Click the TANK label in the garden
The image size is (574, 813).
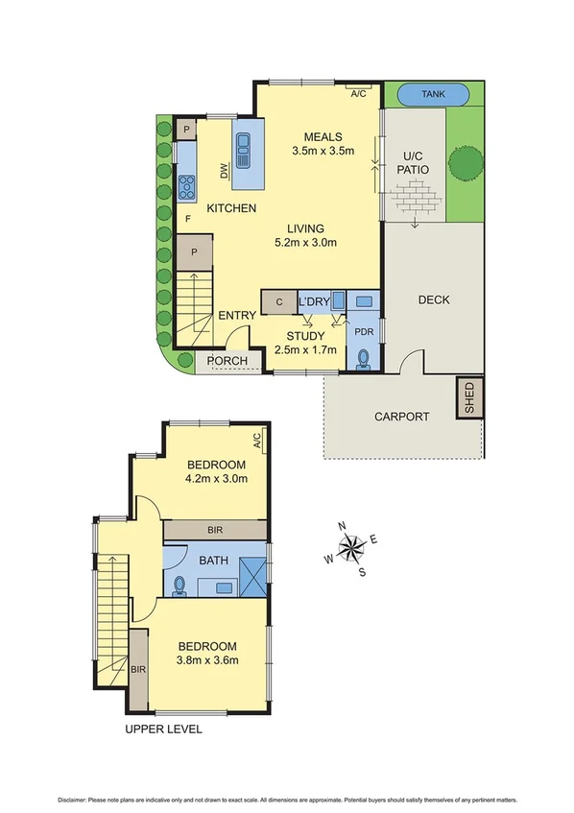pyautogui.click(x=433, y=95)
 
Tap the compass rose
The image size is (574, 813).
pyautogui.click(x=351, y=548)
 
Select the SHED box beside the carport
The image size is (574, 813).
pyautogui.click(x=469, y=397)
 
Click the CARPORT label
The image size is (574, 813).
pyautogui.click(x=402, y=416)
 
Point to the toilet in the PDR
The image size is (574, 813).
pyautogui.click(x=363, y=358)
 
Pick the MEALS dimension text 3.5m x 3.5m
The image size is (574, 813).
pyautogui.click(x=323, y=151)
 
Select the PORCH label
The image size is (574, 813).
pyautogui.click(x=227, y=362)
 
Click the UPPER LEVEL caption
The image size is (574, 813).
pyautogui.click(x=163, y=729)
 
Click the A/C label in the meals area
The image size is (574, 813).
pyautogui.click(x=359, y=94)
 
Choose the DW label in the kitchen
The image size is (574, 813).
pyautogui.click(x=225, y=172)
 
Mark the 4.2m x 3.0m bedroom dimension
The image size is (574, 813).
pyautogui.click(x=216, y=478)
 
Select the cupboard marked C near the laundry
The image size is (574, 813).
pyautogui.click(x=278, y=301)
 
